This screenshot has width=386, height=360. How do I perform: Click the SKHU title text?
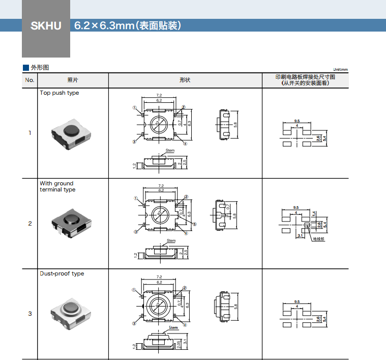[x=46, y=25]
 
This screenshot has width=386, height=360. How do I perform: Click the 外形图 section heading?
[x=40, y=67]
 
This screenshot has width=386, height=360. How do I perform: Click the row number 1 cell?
[x=29, y=133]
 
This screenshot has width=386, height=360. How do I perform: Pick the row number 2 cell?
[x=29, y=224]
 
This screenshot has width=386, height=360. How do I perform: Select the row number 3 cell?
[x=29, y=314]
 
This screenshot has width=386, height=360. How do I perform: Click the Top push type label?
[x=60, y=93]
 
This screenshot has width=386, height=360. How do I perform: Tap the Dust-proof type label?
[x=62, y=274]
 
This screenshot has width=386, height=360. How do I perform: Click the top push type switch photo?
[x=71, y=132]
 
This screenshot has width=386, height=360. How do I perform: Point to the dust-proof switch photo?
[x=72, y=313]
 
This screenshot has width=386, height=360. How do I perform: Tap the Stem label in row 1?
[x=170, y=151]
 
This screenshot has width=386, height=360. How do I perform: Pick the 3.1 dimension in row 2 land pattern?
[x=300, y=236]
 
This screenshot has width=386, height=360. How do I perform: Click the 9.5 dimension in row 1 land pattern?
[x=296, y=121]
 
